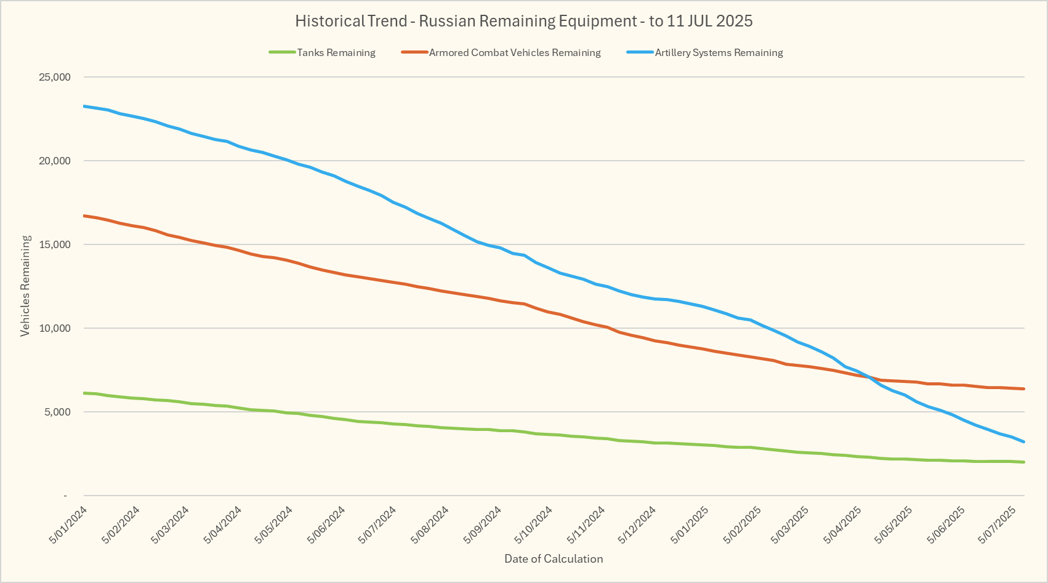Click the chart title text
[523, 21]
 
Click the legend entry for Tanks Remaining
[336, 53]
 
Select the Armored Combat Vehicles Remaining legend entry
[515, 53]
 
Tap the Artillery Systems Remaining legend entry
[719, 53]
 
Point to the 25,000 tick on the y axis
[55, 77]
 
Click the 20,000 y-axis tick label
[55, 161]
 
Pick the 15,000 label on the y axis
[55, 244]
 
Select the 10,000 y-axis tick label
[55, 328]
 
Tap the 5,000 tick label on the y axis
[58, 412]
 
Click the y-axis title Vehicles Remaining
[25, 286]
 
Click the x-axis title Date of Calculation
[554, 559]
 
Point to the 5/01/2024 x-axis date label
[68, 525]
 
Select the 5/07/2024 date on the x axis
[377, 525]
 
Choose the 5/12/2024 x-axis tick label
[637, 525]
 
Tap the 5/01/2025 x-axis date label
[690, 525]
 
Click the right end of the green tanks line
[1023, 462]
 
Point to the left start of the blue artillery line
[84, 106]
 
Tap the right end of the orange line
[1023, 388]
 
